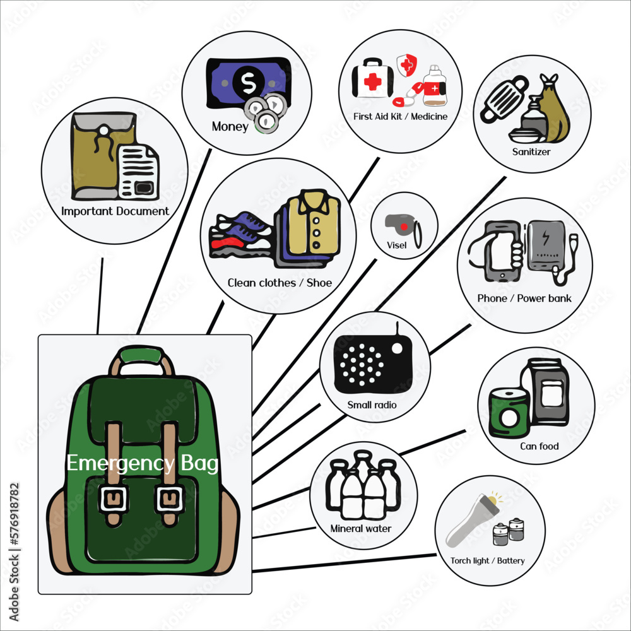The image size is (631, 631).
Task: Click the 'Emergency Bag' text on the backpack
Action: pyautogui.click(x=143, y=464)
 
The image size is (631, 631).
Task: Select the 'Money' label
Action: pyautogui.click(x=230, y=127)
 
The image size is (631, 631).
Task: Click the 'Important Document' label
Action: pyautogui.click(x=115, y=211)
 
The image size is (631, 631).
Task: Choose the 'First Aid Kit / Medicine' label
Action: pyautogui.click(x=401, y=116)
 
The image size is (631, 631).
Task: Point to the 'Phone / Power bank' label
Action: pyautogui.click(x=524, y=298)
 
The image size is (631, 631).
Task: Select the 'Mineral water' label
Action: pyautogui.click(x=361, y=529)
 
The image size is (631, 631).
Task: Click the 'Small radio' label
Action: pyautogui.click(x=372, y=404)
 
